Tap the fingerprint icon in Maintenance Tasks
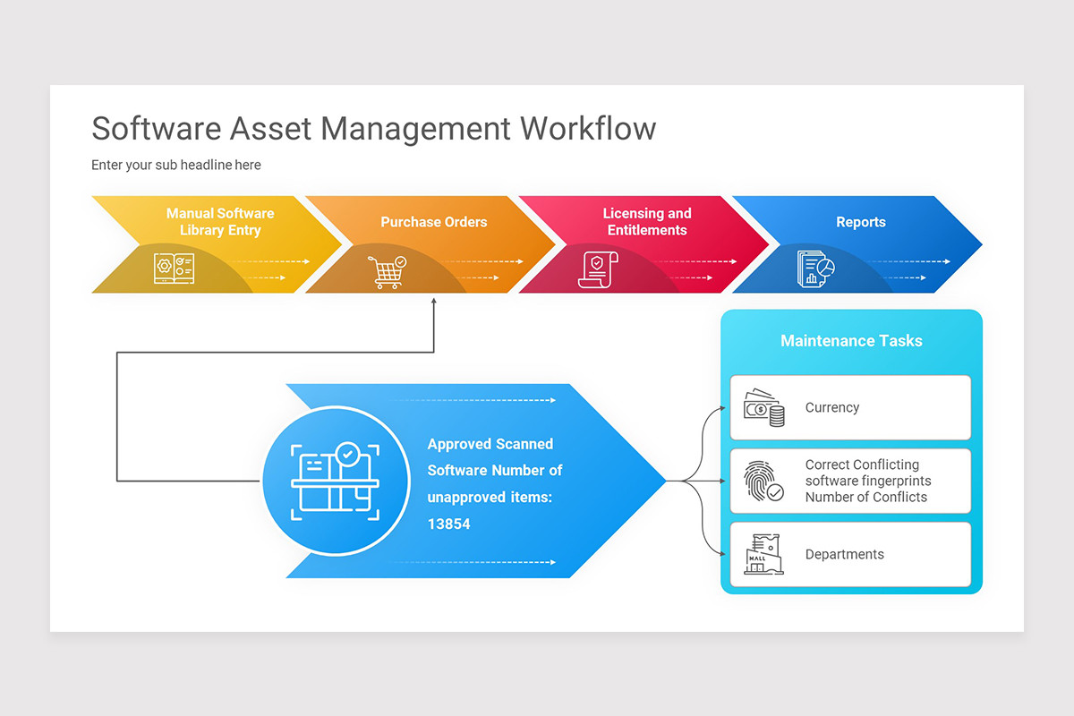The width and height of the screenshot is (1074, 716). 763,482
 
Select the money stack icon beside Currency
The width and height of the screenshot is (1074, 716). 764,408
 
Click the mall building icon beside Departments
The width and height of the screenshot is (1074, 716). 763,555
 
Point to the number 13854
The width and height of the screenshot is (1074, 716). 448,524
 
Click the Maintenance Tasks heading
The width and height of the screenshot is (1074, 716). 851,341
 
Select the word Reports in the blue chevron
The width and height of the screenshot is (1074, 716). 860,222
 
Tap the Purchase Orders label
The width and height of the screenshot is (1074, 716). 434,222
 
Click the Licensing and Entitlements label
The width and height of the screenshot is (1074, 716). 647,222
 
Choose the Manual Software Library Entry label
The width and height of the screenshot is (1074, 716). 220,222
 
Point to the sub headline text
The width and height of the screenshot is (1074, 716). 176,165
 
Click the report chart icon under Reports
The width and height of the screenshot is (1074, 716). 815,268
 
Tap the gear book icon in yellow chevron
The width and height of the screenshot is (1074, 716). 174,268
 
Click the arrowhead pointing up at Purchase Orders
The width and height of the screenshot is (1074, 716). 434,302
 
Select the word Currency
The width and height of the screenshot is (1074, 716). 831,408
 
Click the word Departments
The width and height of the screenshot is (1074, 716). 844,555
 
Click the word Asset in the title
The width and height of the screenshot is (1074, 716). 271,129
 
